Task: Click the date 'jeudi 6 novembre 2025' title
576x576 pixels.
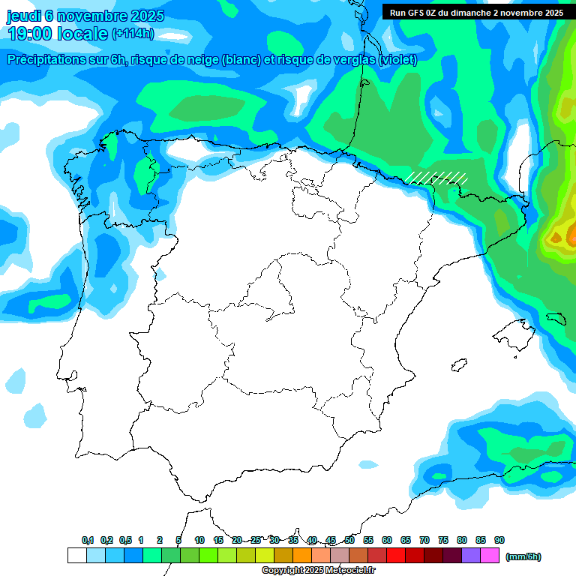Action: pyautogui.click(x=85, y=16)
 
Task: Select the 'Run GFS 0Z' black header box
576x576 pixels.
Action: pyautogui.click(x=477, y=12)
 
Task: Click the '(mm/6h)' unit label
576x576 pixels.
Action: pyautogui.click(x=523, y=556)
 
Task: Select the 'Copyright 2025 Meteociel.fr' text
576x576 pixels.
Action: pyautogui.click(x=318, y=571)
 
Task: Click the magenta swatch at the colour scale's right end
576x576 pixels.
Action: pyautogui.click(x=490, y=556)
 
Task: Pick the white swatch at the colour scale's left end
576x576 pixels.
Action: pyautogui.click(x=76, y=556)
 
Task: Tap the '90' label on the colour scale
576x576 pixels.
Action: pyautogui.click(x=499, y=540)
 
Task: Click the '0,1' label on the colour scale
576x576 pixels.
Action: pyautogui.click(x=88, y=540)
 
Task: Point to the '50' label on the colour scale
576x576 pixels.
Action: pyautogui.click(x=349, y=540)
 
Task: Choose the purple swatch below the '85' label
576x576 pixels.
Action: pyautogui.click(x=471, y=556)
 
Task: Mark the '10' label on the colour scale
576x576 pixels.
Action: pyautogui.click(x=199, y=540)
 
